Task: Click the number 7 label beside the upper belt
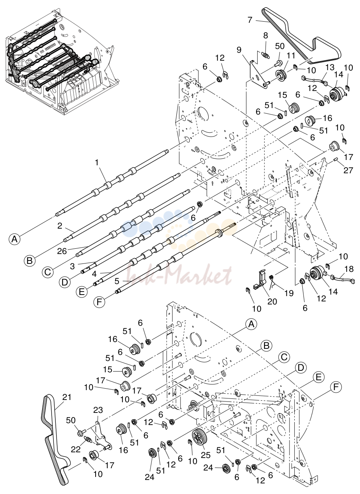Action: (x=250, y=20)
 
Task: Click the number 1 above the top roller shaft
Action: (x=96, y=163)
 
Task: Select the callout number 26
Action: (x=62, y=251)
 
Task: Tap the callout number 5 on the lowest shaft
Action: (x=117, y=281)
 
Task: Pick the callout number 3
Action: (x=72, y=266)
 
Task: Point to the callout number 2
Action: (x=60, y=226)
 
